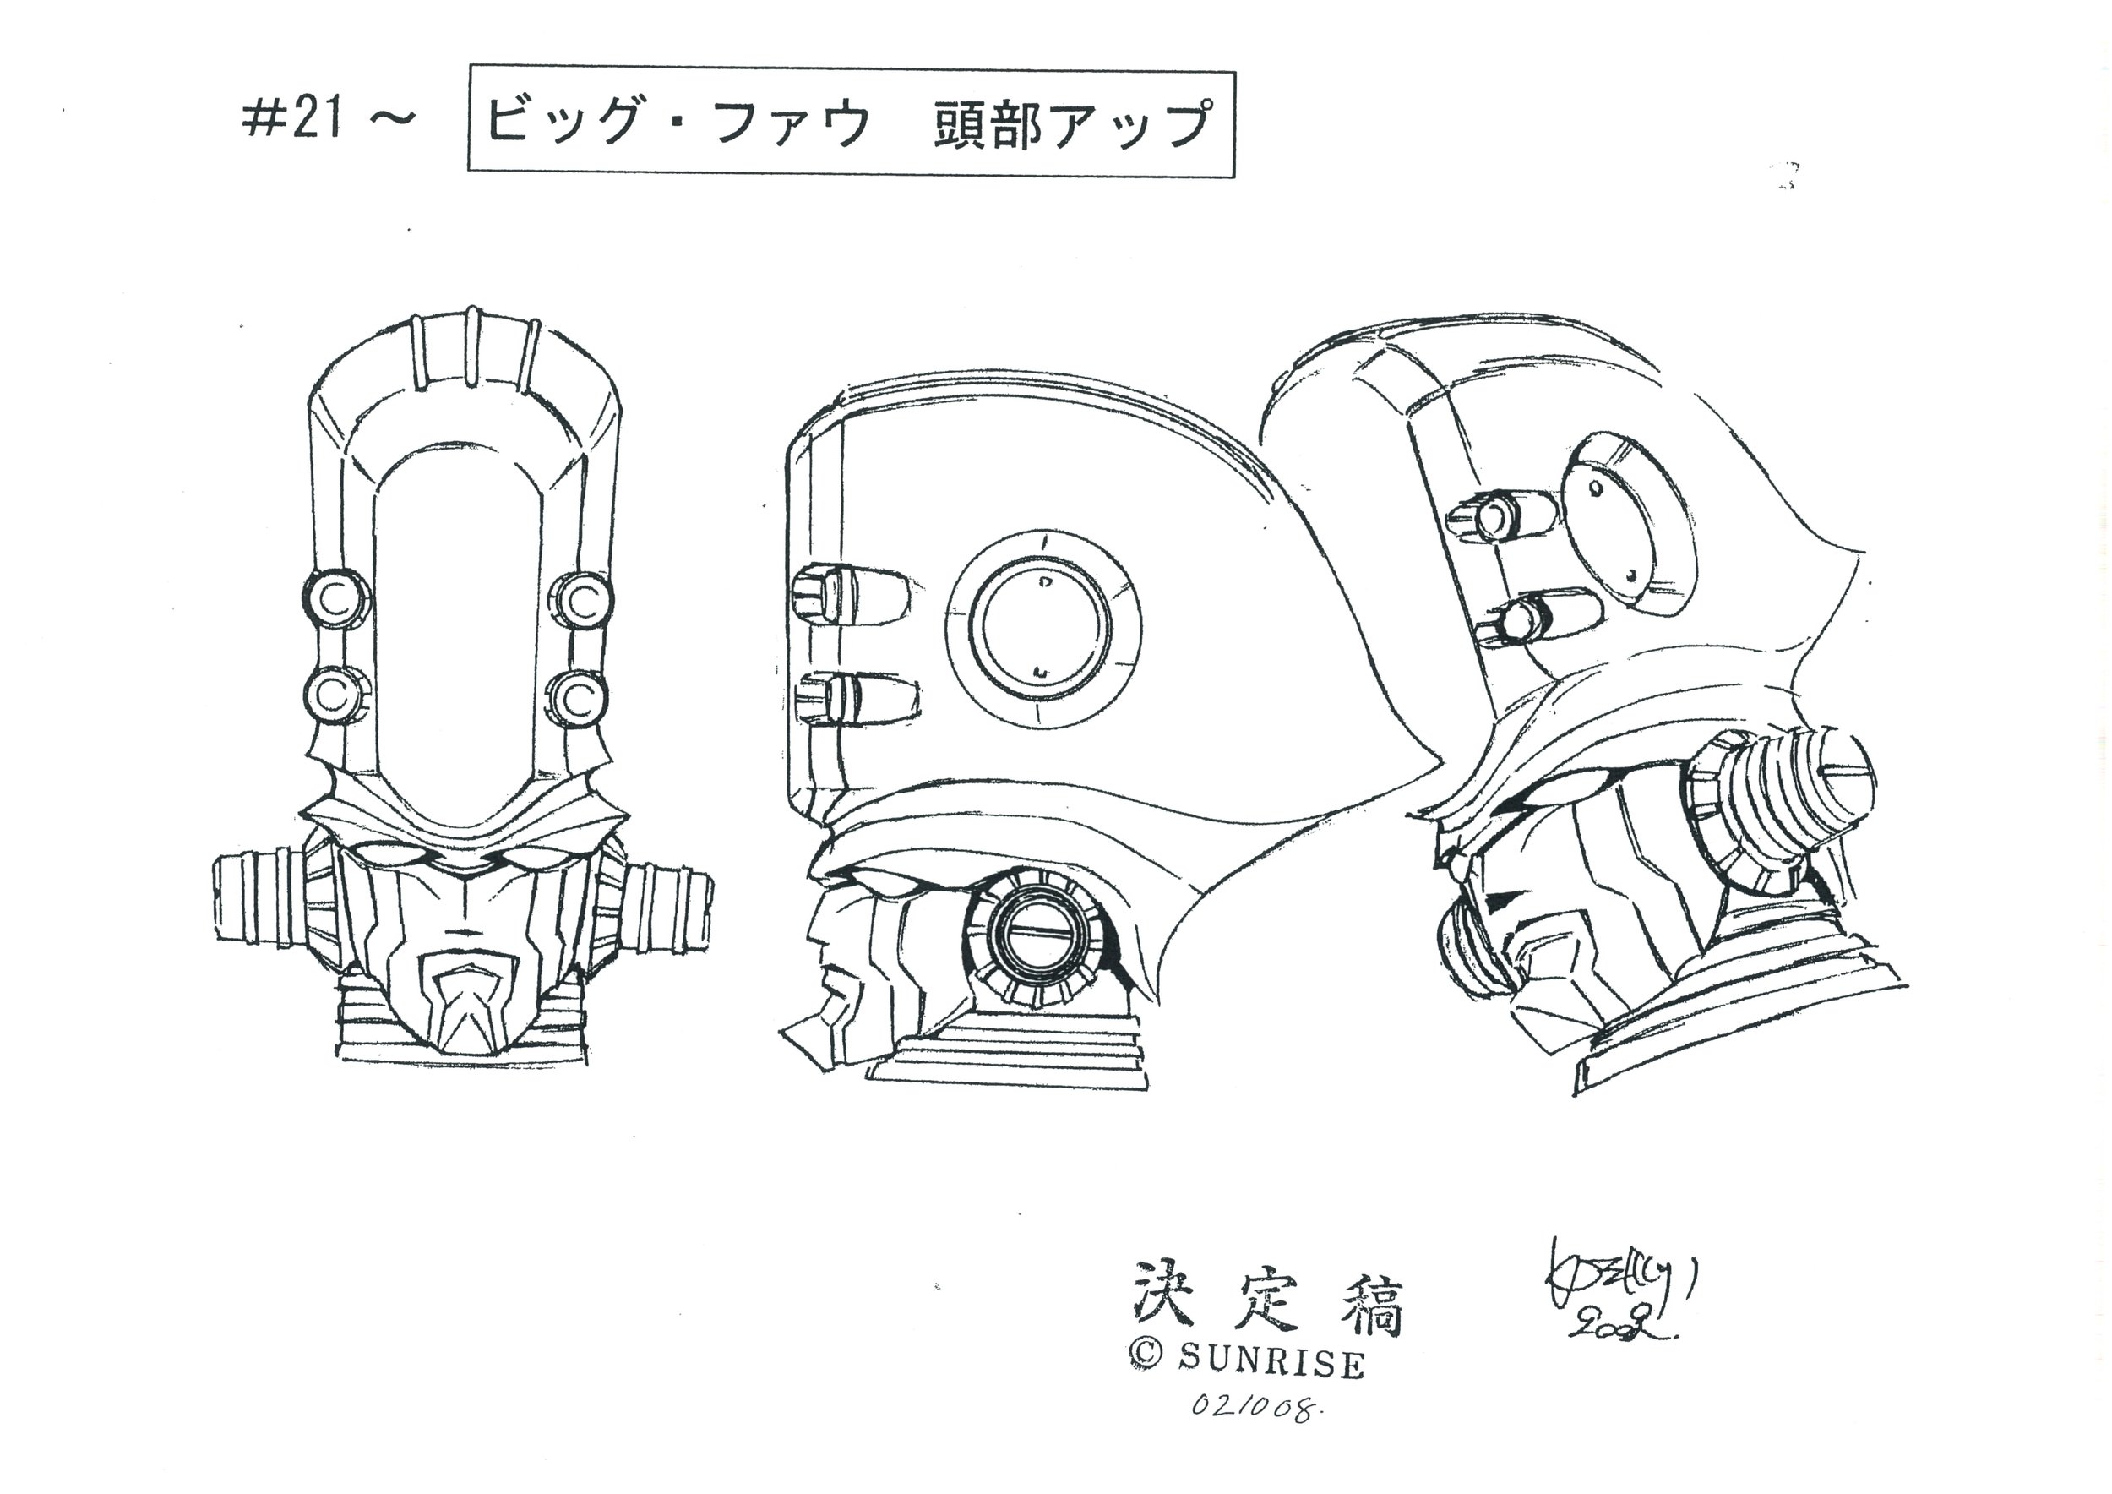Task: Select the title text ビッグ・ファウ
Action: click(676, 123)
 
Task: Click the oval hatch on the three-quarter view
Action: click(1629, 525)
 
